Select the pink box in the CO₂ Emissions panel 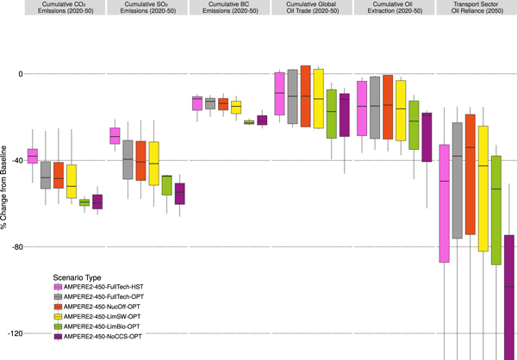[33, 156]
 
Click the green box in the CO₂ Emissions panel [84, 202]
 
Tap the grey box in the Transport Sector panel [457, 181]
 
